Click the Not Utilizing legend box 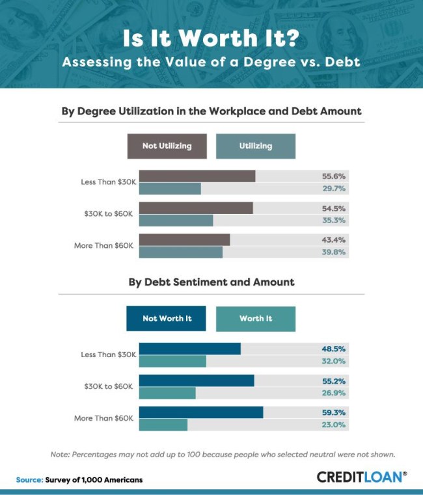pyautogui.click(x=167, y=146)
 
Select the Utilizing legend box pyautogui.click(x=256, y=146)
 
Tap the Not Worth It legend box pyautogui.click(x=166, y=319)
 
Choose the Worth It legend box pyautogui.click(x=256, y=319)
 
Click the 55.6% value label pyautogui.click(x=334, y=176)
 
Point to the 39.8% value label pyautogui.click(x=334, y=252)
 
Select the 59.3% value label pyautogui.click(x=334, y=412)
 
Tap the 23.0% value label pyautogui.click(x=334, y=425)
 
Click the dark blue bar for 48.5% pyautogui.click(x=190, y=349)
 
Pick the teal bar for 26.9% pyautogui.click(x=167, y=393)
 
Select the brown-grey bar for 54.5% pyautogui.click(x=196, y=208)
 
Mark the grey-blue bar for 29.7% pyautogui.click(x=170, y=189)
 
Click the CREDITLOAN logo pyautogui.click(x=362, y=477)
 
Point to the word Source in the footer pyautogui.click(x=29, y=480)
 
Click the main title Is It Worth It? pyautogui.click(x=211, y=39)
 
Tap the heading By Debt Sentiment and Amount pyautogui.click(x=211, y=282)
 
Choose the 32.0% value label pyautogui.click(x=334, y=361)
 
